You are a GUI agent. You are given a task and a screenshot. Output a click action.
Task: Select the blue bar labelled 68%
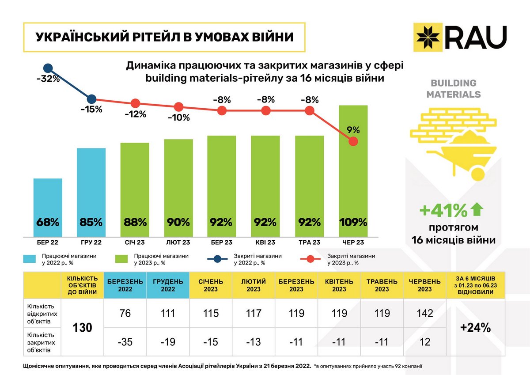click(48, 208)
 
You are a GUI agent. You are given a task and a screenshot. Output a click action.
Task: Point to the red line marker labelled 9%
click(353, 141)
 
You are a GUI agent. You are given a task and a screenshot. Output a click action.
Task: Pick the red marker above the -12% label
click(135, 103)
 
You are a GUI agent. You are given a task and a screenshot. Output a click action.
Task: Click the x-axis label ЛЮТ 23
click(178, 242)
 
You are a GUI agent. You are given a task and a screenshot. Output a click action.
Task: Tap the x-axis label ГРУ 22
click(91, 242)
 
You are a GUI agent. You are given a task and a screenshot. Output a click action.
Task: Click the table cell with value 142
click(425, 314)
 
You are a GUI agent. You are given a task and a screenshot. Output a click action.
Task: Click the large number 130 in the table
click(82, 328)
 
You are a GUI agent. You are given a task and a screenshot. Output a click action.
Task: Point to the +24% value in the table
click(475, 328)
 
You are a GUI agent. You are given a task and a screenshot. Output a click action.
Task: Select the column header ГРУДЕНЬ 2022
click(167, 285)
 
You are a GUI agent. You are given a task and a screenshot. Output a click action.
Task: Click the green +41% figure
click(443, 211)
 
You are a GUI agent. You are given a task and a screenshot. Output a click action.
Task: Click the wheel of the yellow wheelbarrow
click(479, 172)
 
